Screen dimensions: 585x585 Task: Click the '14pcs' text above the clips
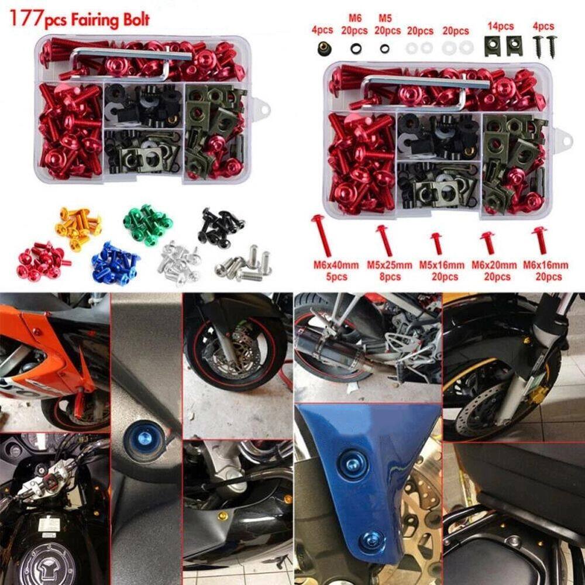[501, 26]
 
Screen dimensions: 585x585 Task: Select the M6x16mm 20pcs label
[546, 270]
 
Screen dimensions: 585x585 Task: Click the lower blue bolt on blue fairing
[370, 541]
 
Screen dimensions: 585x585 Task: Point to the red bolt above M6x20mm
[487, 241]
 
